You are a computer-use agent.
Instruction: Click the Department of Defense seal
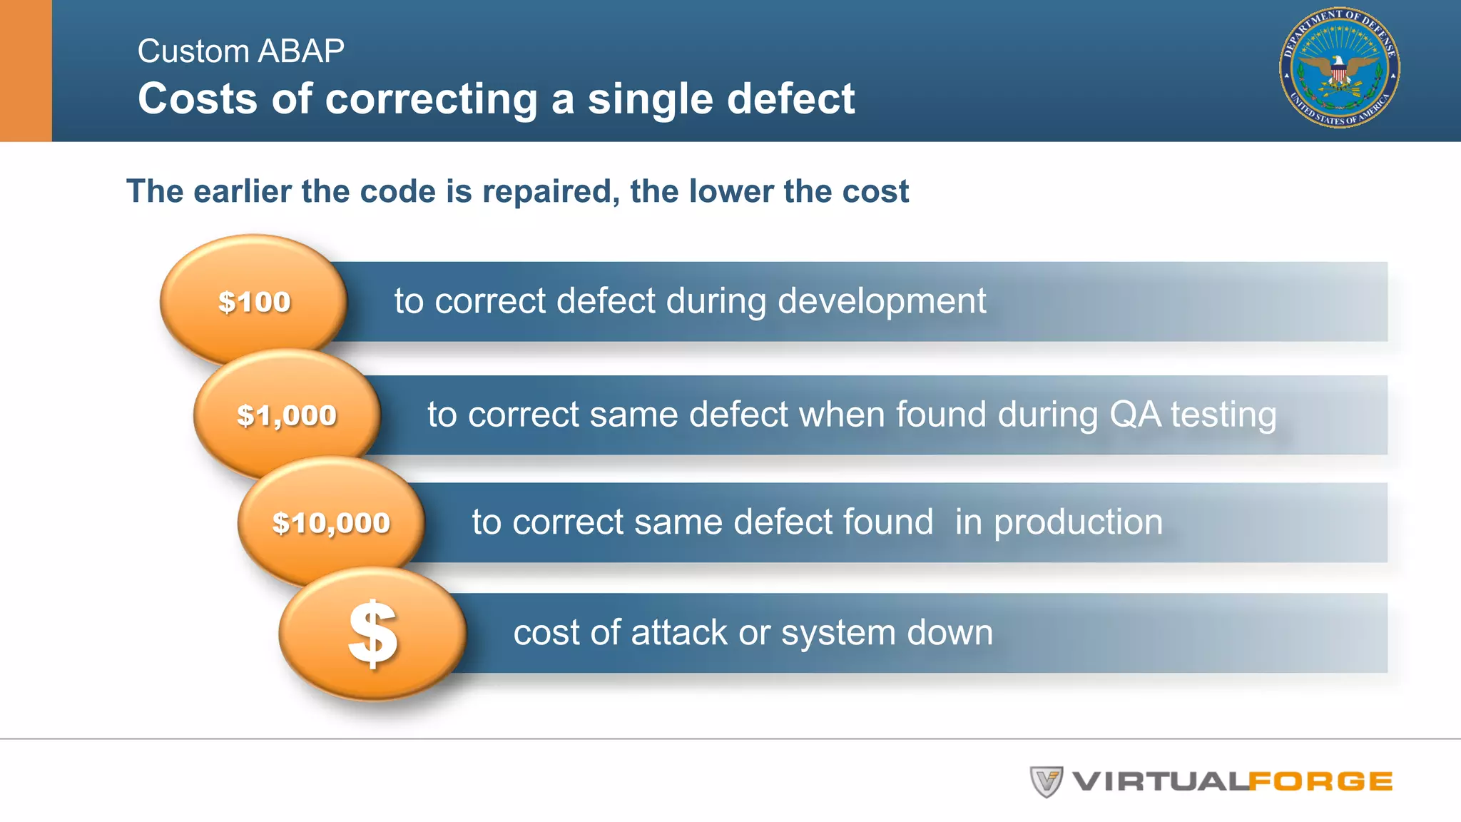1339,68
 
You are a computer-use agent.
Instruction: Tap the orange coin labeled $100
254,301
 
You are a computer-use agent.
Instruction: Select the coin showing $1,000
287,415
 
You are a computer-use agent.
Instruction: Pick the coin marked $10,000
332,523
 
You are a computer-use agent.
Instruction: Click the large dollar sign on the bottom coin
372,634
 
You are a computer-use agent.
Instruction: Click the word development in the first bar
882,301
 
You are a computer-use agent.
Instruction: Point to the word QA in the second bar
1135,415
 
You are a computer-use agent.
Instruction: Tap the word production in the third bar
1059,522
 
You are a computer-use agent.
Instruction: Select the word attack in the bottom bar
679,633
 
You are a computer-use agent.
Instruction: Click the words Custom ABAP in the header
240,51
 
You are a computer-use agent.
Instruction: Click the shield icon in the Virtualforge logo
1046,781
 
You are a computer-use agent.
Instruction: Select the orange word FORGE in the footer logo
1320,781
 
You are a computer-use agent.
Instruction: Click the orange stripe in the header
26,70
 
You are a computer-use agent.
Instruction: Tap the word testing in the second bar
1223,415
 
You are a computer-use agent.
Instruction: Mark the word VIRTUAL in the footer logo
1160,781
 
